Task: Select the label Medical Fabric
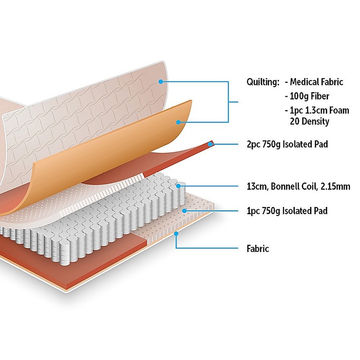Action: click(316, 82)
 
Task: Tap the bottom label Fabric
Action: click(258, 248)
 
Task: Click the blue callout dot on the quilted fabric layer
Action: click(161, 81)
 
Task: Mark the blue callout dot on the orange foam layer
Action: click(178, 121)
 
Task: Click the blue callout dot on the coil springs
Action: click(179, 185)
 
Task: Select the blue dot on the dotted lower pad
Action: click(184, 210)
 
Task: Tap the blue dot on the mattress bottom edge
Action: click(176, 233)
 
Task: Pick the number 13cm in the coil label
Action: click(256, 186)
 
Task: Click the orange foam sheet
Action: click(112, 148)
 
